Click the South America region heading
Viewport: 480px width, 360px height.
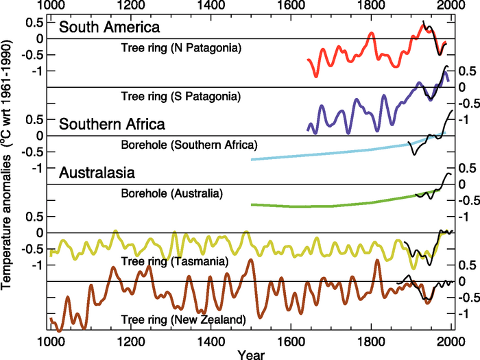[x=109, y=28]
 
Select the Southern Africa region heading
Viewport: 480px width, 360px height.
[x=112, y=125]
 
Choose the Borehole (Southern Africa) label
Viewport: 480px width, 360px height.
[x=189, y=145]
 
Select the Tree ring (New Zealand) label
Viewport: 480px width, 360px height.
[x=182, y=320]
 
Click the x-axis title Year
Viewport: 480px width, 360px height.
[x=250, y=355]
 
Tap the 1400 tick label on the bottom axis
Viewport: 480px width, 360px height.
[x=210, y=341]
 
